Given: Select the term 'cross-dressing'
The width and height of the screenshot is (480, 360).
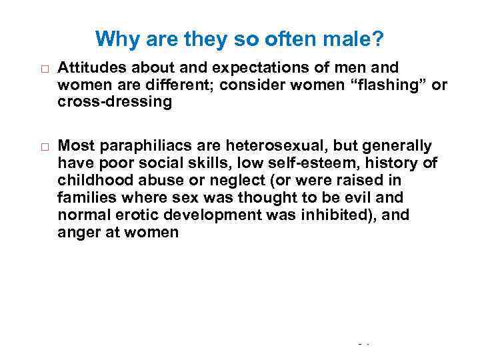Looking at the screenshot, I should point(115,102).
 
